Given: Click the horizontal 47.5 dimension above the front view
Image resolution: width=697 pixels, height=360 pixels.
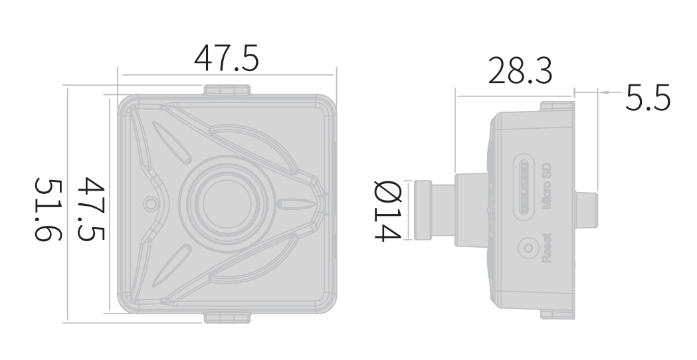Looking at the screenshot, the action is click(226, 58).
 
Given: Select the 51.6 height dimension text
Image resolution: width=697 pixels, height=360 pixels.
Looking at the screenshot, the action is click(49, 210).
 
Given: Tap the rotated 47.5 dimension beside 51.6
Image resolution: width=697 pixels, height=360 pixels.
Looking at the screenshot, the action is click(91, 209).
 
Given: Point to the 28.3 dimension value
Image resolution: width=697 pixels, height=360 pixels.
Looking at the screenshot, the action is click(520, 70).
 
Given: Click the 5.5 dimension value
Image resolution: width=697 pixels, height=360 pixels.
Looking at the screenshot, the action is click(647, 98).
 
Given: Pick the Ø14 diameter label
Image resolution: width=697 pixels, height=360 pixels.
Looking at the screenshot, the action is click(387, 211).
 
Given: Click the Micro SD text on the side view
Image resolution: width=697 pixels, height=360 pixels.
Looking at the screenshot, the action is click(546, 186).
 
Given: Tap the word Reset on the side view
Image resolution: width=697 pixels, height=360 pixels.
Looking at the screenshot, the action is click(546, 248).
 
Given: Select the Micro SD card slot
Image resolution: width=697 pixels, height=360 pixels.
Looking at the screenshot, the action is click(524, 186).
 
